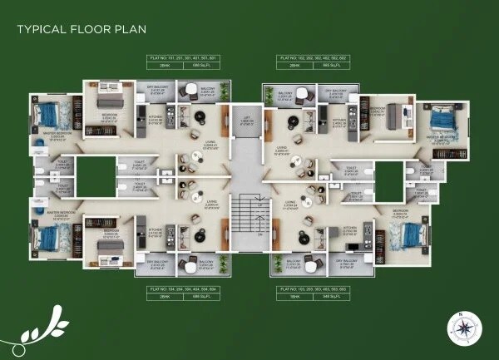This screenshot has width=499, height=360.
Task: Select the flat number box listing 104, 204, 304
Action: pyautogui.click(x=180, y=291)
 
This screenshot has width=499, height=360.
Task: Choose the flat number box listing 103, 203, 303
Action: pyautogui.click(x=314, y=291)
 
